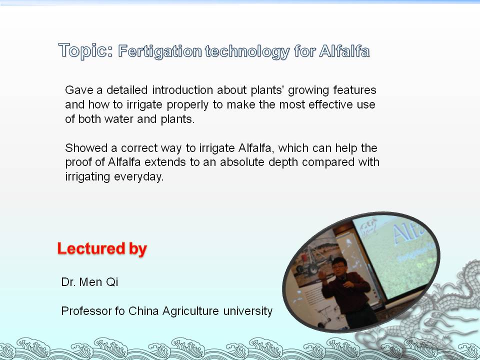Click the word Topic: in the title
tap(85, 50)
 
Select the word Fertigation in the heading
tap(160, 51)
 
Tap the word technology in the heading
tap(247, 51)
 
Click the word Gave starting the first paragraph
tap(79, 90)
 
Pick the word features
tap(354, 90)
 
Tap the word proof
tap(78, 162)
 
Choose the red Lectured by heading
tap(102, 248)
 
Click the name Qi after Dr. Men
tap(112, 282)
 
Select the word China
tap(143, 311)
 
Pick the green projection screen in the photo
tap(397, 255)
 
